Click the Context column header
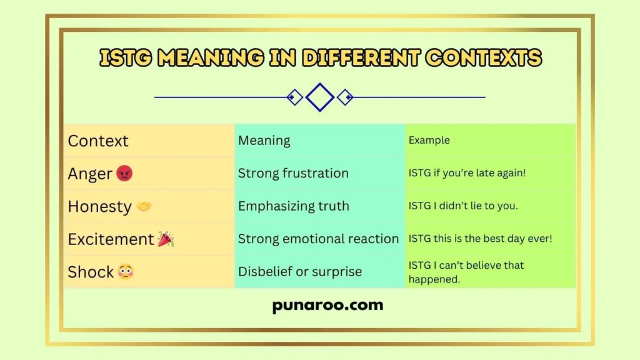pyautogui.click(x=98, y=141)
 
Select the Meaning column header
pyautogui.click(x=264, y=141)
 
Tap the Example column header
pyautogui.click(x=429, y=141)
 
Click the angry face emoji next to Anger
pyautogui.click(x=124, y=174)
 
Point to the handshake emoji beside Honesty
pyautogui.click(x=144, y=206)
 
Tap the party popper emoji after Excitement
pyautogui.click(x=166, y=239)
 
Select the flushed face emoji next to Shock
pyautogui.click(x=126, y=272)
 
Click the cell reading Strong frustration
pyautogui.click(x=293, y=174)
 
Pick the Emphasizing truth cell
pyautogui.click(x=293, y=206)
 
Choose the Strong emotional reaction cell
pyautogui.click(x=318, y=239)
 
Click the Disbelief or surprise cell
pyautogui.click(x=300, y=272)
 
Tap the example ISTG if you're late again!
pyautogui.click(x=467, y=174)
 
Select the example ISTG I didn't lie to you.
pyautogui.click(x=463, y=206)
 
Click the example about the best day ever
pyautogui.click(x=480, y=239)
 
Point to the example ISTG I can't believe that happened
pyautogui.click(x=466, y=272)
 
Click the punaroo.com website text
pyautogui.click(x=327, y=306)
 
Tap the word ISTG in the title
pyautogui.click(x=126, y=59)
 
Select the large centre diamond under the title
pyautogui.click(x=320, y=97)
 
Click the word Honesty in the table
pyautogui.click(x=99, y=206)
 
